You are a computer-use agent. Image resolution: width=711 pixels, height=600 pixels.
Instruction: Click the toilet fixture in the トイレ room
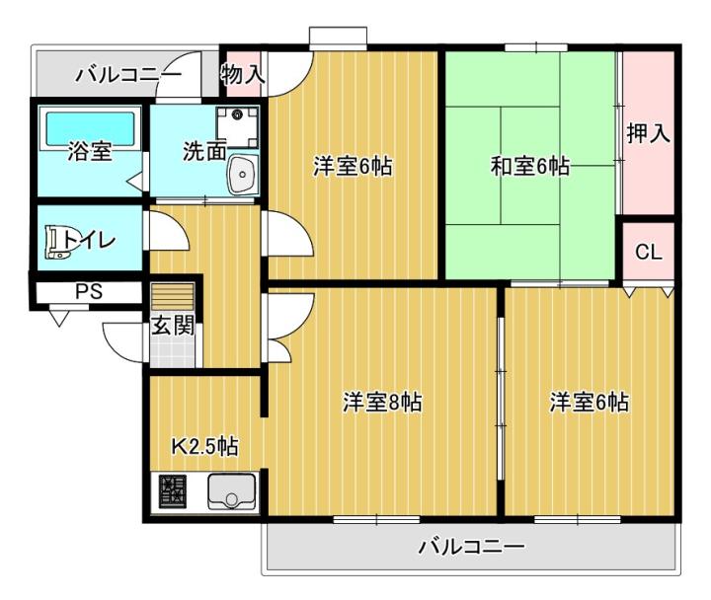[x=58, y=243]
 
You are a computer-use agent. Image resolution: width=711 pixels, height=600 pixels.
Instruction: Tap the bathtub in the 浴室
[x=91, y=128]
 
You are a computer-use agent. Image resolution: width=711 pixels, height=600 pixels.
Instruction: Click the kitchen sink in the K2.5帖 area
[x=231, y=491]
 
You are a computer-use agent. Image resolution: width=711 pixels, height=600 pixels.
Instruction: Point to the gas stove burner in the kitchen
[x=172, y=491]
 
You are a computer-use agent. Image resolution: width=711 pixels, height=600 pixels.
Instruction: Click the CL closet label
[x=649, y=252]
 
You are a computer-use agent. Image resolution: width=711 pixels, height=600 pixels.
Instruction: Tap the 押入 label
[x=649, y=133]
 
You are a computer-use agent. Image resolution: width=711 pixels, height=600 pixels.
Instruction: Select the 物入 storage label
[x=243, y=74]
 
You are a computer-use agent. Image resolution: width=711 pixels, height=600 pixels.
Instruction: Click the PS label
[x=89, y=292]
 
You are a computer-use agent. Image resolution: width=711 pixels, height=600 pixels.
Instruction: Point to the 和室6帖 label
[x=530, y=167]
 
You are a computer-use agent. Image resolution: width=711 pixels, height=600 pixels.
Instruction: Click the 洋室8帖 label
[x=382, y=402]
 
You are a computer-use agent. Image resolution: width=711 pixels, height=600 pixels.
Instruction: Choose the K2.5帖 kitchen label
[x=204, y=447]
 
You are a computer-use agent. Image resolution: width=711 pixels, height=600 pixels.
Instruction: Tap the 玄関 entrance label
[x=173, y=325]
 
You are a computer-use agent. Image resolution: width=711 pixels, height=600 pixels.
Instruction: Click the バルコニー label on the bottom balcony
[x=472, y=547]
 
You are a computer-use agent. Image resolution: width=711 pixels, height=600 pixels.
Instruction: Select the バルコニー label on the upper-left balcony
[x=128, y=74]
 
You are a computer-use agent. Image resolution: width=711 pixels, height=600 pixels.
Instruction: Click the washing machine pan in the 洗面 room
[x=238, y=127]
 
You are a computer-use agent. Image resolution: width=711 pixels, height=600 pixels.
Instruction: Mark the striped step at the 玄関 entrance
[x=173, y=296]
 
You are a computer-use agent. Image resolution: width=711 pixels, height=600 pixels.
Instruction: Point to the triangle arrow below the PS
[x=59, y=319]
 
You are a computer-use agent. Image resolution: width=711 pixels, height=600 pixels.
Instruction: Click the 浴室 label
[x=90, y=151]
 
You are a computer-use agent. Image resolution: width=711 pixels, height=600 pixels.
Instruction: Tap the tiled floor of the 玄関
[x=173, y=351]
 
